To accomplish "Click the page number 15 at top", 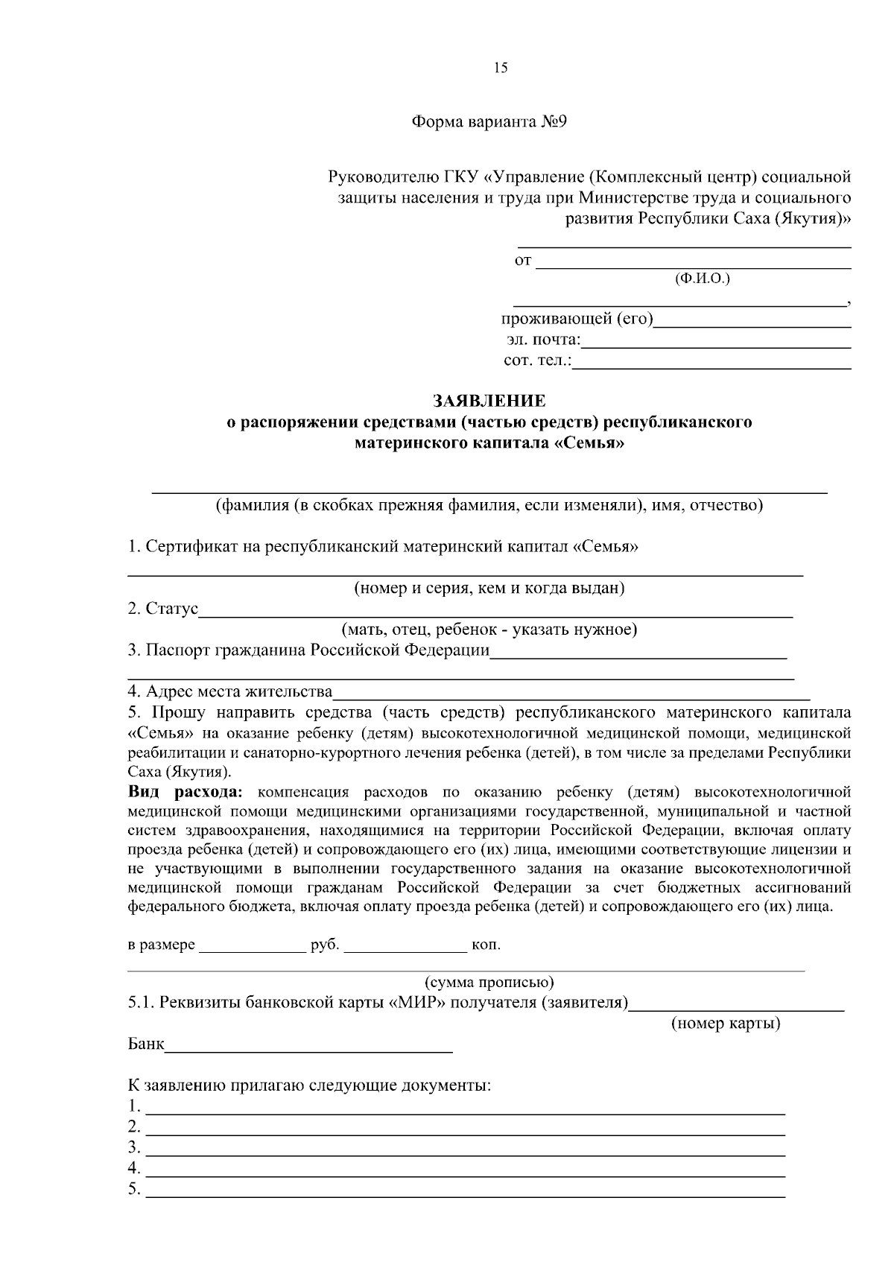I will coord(500,68).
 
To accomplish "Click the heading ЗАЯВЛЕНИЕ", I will coord(489,401).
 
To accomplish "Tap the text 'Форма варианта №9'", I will coord(489,122).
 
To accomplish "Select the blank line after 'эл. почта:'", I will coord(715,343).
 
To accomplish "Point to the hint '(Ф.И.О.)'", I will coord(702,279).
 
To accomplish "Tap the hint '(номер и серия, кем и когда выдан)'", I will coord(489,589).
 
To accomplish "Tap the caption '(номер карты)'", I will coord(726,1024).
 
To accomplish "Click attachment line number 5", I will coord(466,1191).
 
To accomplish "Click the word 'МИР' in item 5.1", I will coord(407,1003).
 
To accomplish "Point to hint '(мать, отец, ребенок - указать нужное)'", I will coord(489,630).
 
